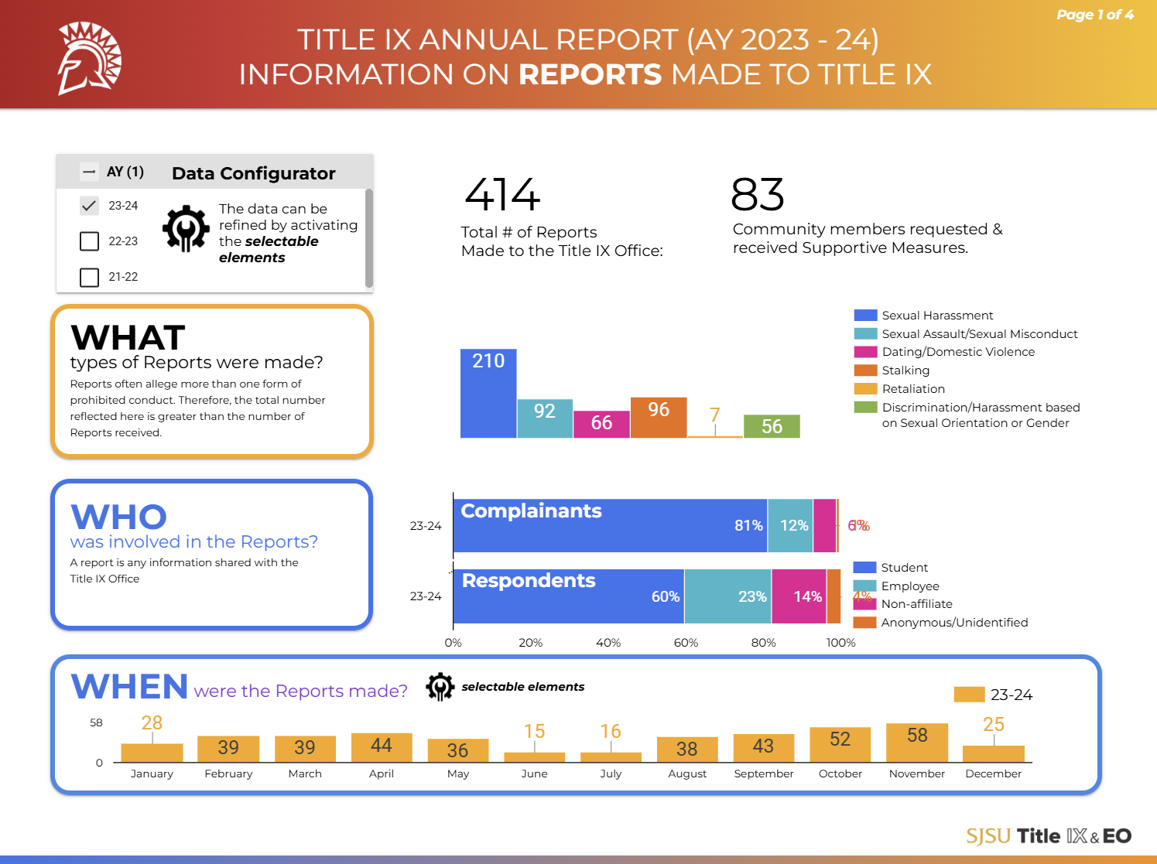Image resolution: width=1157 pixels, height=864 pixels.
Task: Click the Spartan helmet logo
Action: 90,59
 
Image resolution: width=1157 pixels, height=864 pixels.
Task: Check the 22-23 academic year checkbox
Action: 90,241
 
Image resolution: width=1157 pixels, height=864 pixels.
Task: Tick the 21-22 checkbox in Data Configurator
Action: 90,277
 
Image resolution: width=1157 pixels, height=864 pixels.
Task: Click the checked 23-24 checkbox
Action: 90,206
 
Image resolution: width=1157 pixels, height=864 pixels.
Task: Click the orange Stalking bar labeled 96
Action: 659,418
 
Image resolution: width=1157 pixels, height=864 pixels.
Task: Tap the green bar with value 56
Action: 772,426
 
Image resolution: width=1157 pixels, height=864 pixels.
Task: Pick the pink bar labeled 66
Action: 601,424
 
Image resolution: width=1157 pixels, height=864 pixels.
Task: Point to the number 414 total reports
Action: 502,195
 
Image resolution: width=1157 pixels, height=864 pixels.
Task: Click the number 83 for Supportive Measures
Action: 758,195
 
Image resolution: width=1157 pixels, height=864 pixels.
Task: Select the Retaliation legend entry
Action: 913,389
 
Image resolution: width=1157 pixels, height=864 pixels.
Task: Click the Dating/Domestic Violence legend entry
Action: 957,352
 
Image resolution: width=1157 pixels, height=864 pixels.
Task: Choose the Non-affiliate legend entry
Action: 916,604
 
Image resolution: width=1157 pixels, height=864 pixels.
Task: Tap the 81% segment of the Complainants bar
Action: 610,526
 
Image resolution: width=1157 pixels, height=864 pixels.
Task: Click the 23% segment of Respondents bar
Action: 727,596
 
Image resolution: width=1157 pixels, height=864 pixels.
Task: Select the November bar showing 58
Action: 917,743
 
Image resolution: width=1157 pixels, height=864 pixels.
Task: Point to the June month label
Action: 534,774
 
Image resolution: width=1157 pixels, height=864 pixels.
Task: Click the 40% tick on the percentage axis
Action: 608,643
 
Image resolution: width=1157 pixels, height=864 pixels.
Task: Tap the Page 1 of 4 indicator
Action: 1094,15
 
